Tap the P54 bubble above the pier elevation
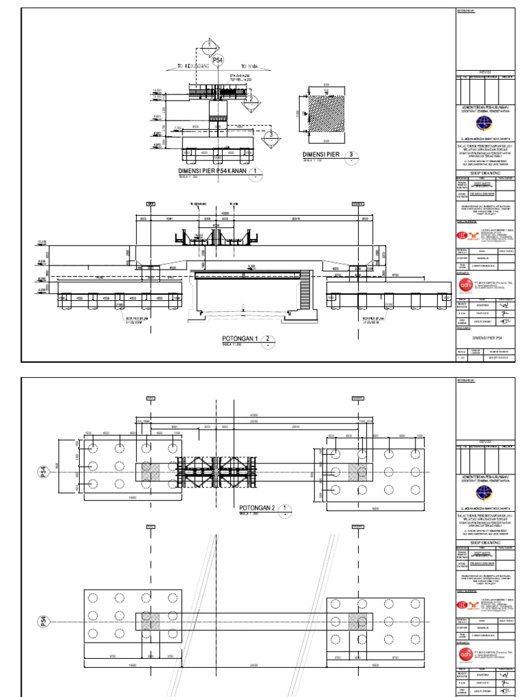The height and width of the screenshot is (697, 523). coord(218,61)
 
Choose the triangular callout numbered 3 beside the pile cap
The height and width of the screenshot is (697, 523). coord(271,135)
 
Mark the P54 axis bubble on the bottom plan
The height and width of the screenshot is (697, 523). coord(42,622)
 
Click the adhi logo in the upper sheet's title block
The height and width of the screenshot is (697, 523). coord(466,285)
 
